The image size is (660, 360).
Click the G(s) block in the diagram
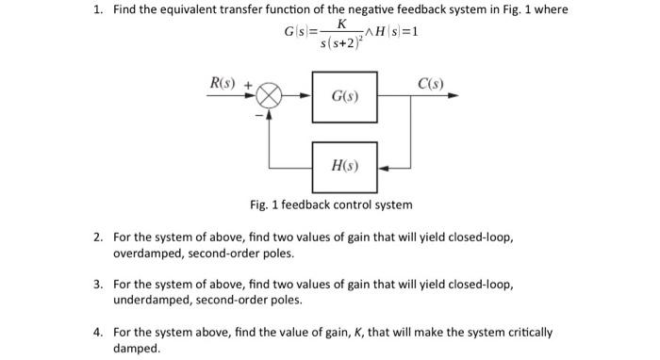click(x=344, y=97)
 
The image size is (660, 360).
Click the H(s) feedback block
click(x=344, y=167)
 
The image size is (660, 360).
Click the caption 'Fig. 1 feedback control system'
click(x=331, y=205)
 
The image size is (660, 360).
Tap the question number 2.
click(x=98, y=237)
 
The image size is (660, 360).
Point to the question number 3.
click(x=98, y=284)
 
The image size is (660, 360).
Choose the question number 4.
click(x=98, y=332)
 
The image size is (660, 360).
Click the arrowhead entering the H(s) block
click(x=382, y=167)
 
